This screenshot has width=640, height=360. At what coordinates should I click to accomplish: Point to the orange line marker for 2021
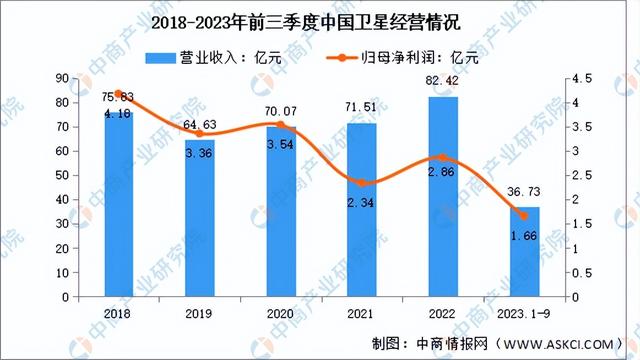(x=362, y=183)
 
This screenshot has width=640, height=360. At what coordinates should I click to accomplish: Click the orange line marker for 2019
(x=200, y=133)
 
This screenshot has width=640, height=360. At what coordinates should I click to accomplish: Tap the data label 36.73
(x=524, y=192)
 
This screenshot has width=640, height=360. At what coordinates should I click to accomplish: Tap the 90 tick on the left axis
(x=61, y=78)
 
